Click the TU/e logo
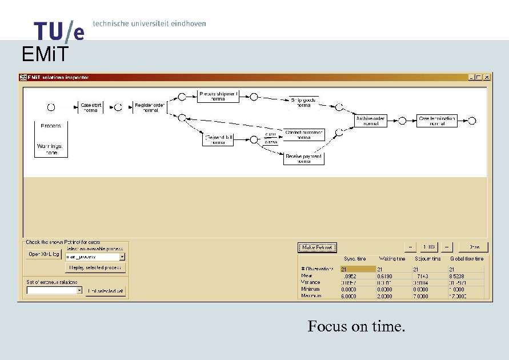pyautogui.click(x=59, y=31)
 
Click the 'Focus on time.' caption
pyautogui.click(x=356, y=326)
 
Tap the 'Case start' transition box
pyautogui.click(x=91, y=107)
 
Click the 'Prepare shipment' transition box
pyautogui.click(x=218, y=96)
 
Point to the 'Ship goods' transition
pyautogui.click(x=303, y=102)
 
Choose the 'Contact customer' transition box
pyautogui.click(x=304, y=135)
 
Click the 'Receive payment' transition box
pyautogui.click(x=304, y=159)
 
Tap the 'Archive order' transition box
pyautogui.click(x=371, y=121)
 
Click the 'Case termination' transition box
pyautogui.click(x=437, y=121)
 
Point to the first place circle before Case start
pyautogui.click(x=51, y=107)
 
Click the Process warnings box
pyautogui.click(x=51, y=139)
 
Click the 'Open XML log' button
pyautogui.click(x=44, y=254)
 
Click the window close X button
pyautogui.click(x=487, y=77)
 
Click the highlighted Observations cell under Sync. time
pyautogui.click(x=358, y=269)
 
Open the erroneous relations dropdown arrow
pyautogui.click(x=79, y=290)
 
